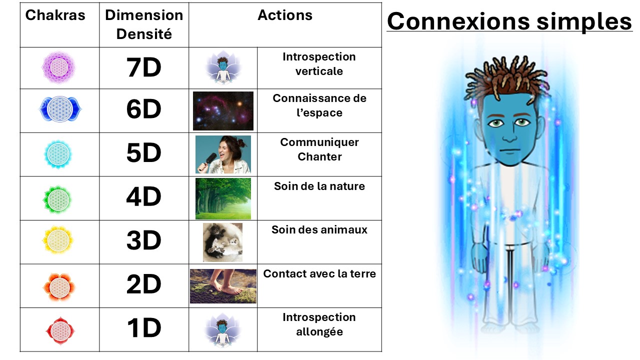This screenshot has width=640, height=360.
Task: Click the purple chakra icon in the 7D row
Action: (58, 67)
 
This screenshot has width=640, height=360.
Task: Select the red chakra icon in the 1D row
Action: (60, 331)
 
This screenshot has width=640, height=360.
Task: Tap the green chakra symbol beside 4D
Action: (58, 199)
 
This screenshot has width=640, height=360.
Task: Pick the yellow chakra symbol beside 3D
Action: (58, 240)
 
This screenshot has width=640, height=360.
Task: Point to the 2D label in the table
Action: (143, 284)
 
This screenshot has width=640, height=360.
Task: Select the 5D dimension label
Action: (143, 153)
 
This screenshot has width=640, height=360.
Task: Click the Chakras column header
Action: (55, 15)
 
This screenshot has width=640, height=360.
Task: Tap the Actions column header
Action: (285, 15)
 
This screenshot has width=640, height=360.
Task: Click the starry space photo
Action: (223, 111)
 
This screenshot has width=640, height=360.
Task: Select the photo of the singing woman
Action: (223, 154)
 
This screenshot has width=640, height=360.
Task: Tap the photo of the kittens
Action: (222, 242)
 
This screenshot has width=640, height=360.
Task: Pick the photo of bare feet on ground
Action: (223, 286)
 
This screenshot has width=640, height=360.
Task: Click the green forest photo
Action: (223, 198)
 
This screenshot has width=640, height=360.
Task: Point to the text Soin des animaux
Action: (319, 229)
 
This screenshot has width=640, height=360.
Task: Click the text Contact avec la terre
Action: (319, 273)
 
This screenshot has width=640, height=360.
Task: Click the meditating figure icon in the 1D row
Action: (222, 330)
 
